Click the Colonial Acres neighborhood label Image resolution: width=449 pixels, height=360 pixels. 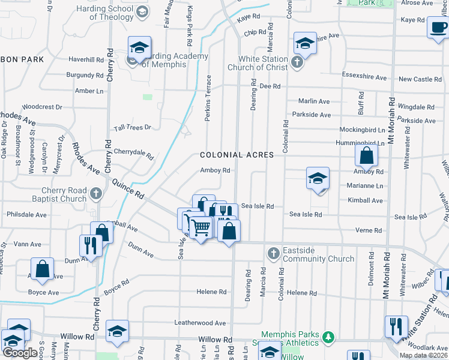[x=237, y=155]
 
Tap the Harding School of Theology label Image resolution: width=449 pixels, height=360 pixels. [x=112, y=13]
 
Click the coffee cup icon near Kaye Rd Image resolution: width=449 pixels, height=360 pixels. [x=438, y=28]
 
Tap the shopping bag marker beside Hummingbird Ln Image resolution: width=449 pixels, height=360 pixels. [x=366, y=157]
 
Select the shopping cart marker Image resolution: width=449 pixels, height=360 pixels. [x=200, y=227]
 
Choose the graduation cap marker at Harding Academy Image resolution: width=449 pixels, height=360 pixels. [x=139, y=47]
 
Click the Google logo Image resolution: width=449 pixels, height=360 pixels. [x=20, y=353]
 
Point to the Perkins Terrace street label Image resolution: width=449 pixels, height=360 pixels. [x=208, y=98]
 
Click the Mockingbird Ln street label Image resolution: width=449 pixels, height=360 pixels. [x=362, y=130]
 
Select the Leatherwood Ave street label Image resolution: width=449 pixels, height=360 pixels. [x=199, y=323]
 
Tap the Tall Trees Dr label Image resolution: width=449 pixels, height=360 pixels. [x=132, y=128]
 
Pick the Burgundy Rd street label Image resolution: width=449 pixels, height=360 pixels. [x=85, y=76]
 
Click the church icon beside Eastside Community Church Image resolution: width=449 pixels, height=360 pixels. [x=273, y=253]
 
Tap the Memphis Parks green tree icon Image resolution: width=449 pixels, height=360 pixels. [x=328, y=337]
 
